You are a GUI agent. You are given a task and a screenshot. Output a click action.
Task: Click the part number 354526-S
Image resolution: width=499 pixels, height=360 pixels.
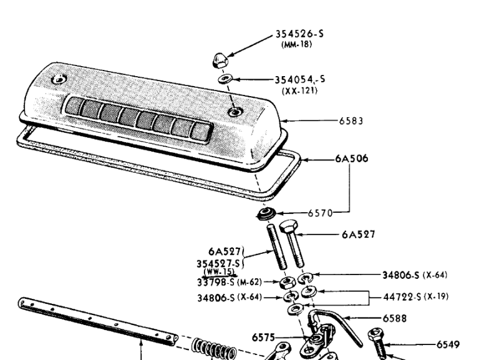(x=299, y=34)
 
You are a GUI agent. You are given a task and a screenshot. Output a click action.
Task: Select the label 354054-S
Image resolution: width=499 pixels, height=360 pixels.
(x=300, y=79)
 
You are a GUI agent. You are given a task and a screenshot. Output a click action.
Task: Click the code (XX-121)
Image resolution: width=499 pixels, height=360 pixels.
(x=300, y=90)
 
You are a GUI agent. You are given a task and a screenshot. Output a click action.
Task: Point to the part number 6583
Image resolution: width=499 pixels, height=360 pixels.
(x=351, y=121)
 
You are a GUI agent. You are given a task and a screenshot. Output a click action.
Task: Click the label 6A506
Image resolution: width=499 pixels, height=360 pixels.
(x=352, y=158)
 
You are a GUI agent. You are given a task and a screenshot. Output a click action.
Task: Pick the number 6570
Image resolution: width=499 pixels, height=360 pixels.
(x=320, y=213)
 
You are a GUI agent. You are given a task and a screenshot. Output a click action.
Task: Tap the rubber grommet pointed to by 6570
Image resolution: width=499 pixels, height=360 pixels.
(x=266, y=213)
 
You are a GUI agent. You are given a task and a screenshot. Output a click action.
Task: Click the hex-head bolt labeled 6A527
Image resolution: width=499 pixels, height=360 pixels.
(x=292, y=243)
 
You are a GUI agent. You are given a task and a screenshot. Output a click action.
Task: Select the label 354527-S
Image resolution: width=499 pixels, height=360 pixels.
(x=218, y=264)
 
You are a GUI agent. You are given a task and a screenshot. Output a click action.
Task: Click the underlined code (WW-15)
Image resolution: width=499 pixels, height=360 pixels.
(x=220, y=273)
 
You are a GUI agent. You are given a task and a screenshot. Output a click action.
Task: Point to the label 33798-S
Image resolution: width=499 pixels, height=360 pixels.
(x=216, y=283)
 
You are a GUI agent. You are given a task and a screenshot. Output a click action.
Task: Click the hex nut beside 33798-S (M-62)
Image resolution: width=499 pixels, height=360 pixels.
(x=288, y=283)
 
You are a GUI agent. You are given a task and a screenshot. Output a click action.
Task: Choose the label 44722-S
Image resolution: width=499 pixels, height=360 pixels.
(x=402, y=297)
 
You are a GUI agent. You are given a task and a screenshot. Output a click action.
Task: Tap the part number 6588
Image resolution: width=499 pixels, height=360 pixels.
(x=395, y=318)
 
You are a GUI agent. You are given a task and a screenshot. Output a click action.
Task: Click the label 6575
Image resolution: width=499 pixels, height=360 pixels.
(x=263, y=338)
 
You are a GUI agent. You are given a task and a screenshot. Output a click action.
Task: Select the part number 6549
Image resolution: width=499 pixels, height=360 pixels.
(x=448, y=344)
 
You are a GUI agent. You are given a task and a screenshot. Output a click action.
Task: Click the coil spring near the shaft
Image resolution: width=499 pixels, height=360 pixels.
(x=214, y=349)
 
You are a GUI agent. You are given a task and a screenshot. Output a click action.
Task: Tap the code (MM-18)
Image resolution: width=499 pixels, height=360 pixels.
(x=296, y=44)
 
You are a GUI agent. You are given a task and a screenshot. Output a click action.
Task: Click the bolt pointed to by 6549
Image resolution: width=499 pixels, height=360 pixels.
(x=377, y=344)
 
